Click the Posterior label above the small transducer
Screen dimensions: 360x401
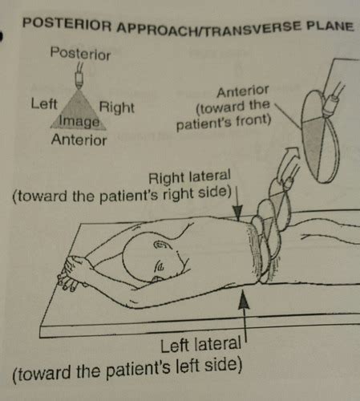80,54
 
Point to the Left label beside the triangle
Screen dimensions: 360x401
44,103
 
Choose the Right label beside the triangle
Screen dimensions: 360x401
116,107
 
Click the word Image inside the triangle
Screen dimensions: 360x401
79,121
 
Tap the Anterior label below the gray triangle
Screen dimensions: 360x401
79,140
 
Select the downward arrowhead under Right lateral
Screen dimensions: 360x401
237,213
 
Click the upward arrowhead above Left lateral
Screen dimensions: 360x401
244,300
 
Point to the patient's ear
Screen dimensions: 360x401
162,245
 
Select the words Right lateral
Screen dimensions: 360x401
189,177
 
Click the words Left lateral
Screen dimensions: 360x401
201,344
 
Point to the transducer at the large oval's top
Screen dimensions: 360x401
333,99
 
